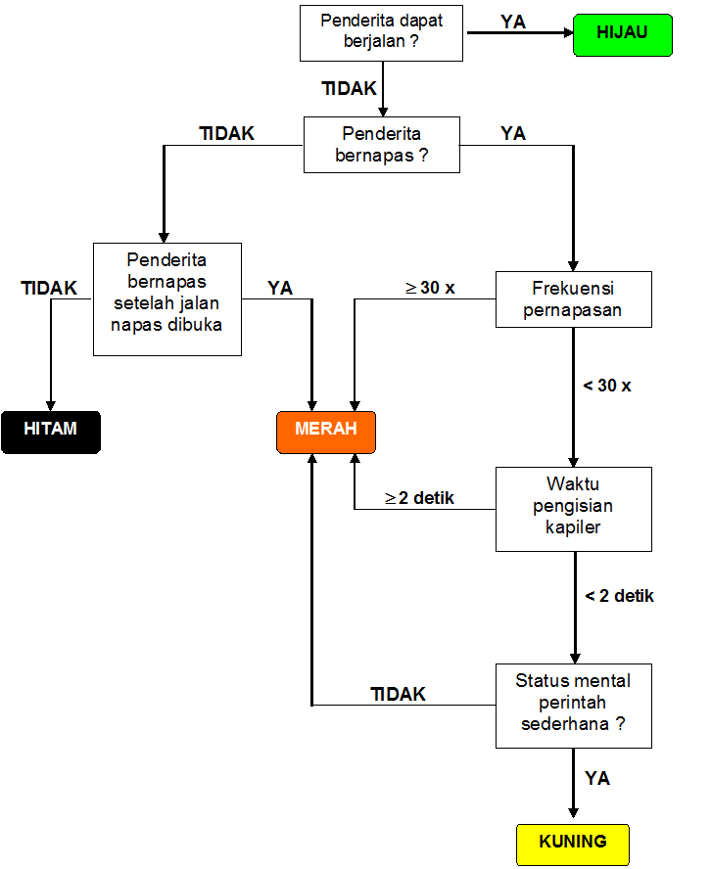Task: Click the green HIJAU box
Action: coord(622,33)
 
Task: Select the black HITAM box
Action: coord(51,432)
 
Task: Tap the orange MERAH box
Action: coord(326,432)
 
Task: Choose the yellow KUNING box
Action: coord(572,844)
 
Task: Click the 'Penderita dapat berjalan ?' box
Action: coord(381,32)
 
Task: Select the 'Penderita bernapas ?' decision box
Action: coord(381,145)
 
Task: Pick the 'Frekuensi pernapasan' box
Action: coord(574,299)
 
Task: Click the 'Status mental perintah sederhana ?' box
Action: coord(574,706)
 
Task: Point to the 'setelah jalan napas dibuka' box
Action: coord(166,298)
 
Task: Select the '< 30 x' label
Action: coord(607,386)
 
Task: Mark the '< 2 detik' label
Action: coord(619,596)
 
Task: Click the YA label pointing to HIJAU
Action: coord(513,21)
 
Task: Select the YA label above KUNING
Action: coord(597,779)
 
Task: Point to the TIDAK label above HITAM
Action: coord(49,288)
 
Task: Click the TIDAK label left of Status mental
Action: coord(398,694)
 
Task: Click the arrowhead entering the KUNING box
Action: coord(574,812)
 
